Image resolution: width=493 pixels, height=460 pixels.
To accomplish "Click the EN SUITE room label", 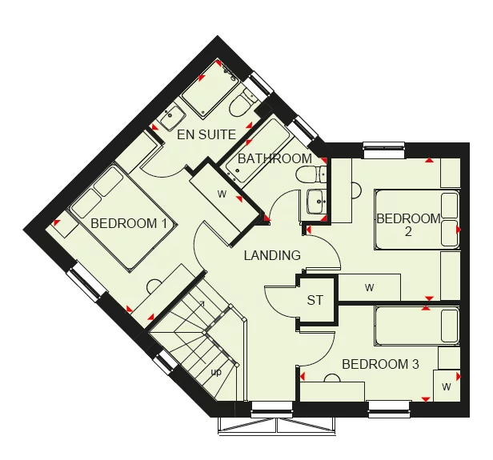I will tap(206, 134).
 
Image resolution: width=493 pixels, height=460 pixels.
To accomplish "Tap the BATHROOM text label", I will tap(275, 158).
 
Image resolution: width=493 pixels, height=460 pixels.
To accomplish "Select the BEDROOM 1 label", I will tap(129, 223).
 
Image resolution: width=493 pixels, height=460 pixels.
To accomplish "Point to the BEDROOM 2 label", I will tap(408, 225).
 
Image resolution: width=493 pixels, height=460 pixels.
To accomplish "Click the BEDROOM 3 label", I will tap(380, 364).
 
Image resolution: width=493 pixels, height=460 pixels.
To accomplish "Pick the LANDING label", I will tap(273, 255).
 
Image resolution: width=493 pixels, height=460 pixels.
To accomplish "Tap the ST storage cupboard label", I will tap(315, 301).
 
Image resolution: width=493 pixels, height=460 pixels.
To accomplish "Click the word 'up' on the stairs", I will tap(216, 373).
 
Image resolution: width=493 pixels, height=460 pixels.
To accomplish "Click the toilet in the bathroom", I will tap(305, 174).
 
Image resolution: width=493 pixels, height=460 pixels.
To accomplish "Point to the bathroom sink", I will tap(314, 200).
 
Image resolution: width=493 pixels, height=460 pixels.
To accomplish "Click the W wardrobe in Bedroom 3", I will tap(445, 386).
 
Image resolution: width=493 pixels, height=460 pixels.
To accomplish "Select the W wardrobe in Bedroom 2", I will tap(369, 286).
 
